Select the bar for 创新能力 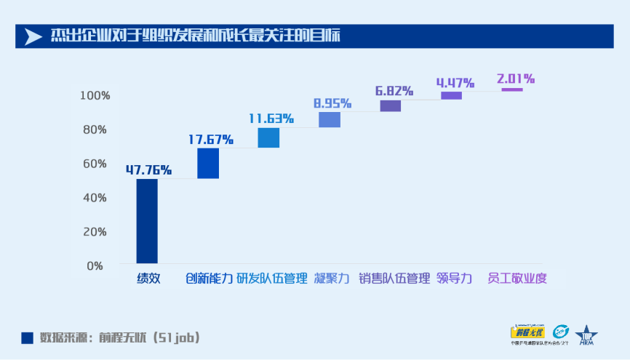pos(208,163)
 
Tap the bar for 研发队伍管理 pos(268,137)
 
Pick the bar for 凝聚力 pos(330,120)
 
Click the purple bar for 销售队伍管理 pos(391,106)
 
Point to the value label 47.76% pos(148,170)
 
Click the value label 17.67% pos(210,139)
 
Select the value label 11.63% pos(271,118)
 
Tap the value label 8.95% pos(332,103)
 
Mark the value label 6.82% pos(394,91)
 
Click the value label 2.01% pos(516,78)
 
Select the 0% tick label pos(95,265)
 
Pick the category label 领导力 pos(455,279)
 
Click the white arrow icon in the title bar pos(33,36)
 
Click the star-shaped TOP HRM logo pos(586,334)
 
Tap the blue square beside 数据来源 pos(27,337)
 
